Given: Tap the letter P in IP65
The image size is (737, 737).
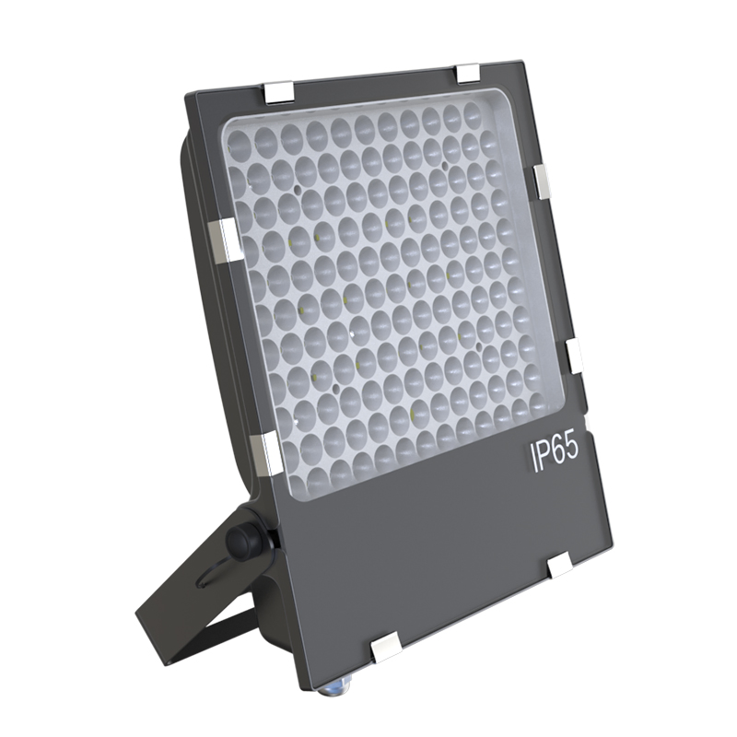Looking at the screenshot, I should pyautogui.click(x=544, y=456).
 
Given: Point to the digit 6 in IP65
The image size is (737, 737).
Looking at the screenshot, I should pyautogui.click(x=559, y=452).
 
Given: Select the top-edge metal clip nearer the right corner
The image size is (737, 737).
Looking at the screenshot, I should pyautogui.click(x=468, y=71).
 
